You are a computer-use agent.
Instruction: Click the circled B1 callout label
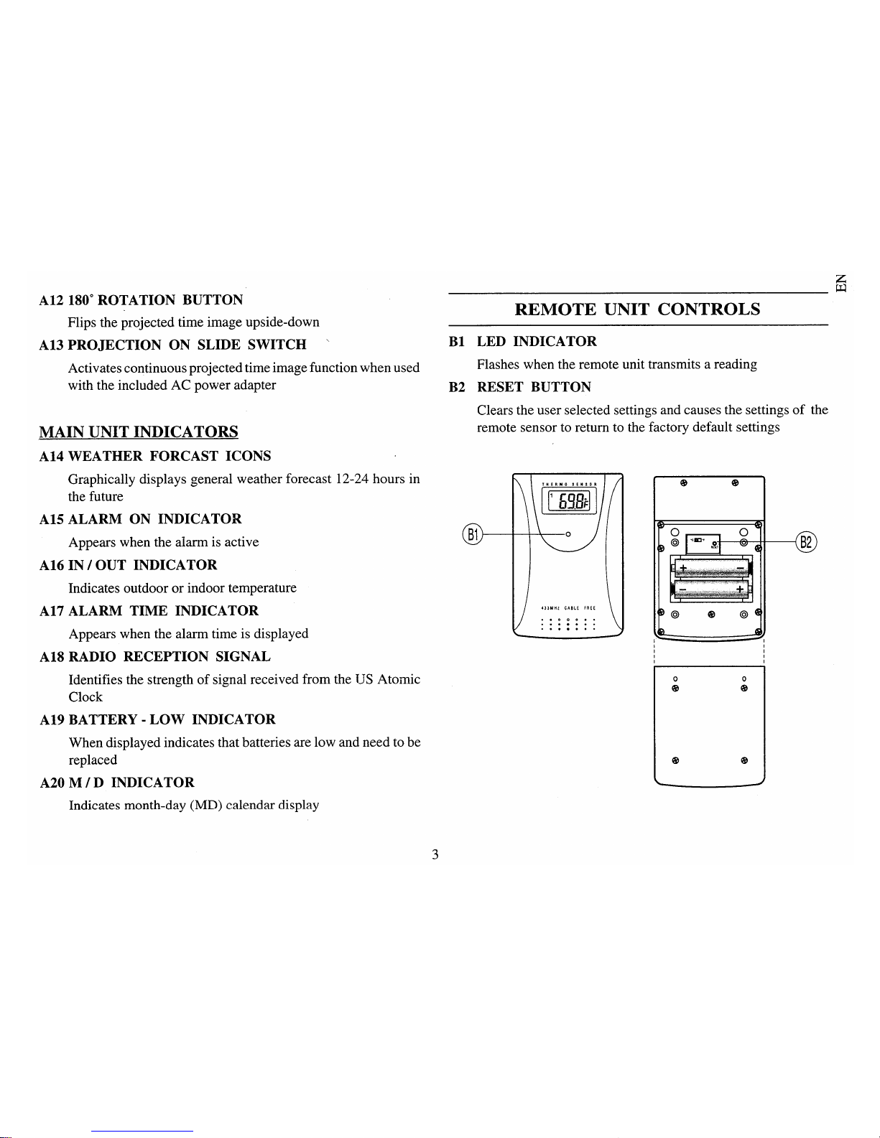coord(473,534)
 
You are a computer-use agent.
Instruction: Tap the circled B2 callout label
coord(806,543)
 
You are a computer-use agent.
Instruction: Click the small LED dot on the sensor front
coord(568,534)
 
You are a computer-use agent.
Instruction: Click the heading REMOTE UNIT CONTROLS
coord(637,309)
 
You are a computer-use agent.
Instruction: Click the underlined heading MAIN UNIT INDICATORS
coord(139,432)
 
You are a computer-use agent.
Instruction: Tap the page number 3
coord(435,854)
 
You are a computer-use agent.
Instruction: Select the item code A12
coord(51,300)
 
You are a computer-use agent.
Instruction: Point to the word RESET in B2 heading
coord(500,387)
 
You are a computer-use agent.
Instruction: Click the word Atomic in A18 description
coord(399,679)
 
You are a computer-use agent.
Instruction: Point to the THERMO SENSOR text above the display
coord(568,483)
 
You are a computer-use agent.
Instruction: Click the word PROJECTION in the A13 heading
coord(114,345)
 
